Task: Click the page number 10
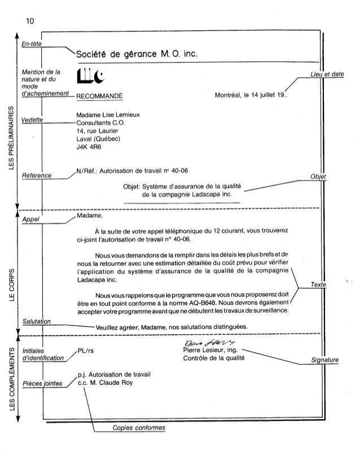tap(30, 21)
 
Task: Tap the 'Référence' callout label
tap(36, 175)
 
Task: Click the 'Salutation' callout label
tap(35, 321)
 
